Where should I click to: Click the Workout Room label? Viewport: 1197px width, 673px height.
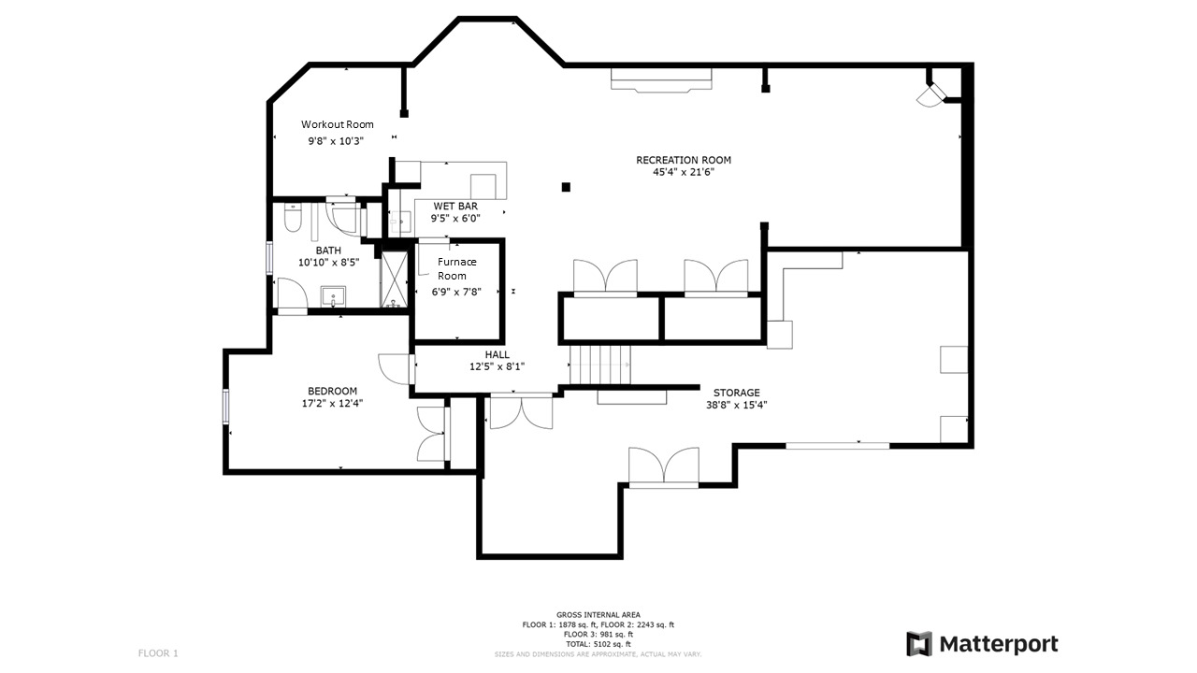pyautogui.click(x=338, y=124)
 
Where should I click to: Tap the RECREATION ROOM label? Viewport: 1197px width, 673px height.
pyautogui.click(x=684, y=160)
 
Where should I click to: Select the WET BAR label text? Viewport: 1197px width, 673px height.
pyautogui.click(x=455, y=206)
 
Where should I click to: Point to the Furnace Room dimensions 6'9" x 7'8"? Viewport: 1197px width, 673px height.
pyautogui.click(x=456, y=292)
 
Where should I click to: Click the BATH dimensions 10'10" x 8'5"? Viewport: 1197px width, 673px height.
pyautogui.click(x=328, y=263)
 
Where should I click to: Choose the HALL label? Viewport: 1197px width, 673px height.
pyautogui.click(x=497, y=354)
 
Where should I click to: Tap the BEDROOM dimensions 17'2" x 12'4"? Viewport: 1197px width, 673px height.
pyautogui.click(x=332, y=403)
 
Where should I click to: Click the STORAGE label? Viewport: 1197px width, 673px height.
pyautogui.click(x=736, y=393)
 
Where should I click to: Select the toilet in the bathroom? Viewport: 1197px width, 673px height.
pyautogui.click(x=293, y=218)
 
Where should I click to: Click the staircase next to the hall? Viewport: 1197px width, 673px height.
pyautogui.click(x=600, y=365)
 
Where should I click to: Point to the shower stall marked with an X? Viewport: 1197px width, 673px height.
pyautogui.click(x=394, y=279)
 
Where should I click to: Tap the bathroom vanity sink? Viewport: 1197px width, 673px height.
pyautogui.click(x=333, y=296)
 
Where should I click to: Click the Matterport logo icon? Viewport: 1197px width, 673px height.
pyautogui.click(x=919, y=644)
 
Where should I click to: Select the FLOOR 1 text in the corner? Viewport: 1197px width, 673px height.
pyautogui.click(x=158, y=653)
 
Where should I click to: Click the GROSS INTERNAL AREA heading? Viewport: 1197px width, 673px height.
pyautogui.click(x=598, y=615)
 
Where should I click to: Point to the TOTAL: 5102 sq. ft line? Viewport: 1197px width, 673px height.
pyautogui.click(x=598, y=644)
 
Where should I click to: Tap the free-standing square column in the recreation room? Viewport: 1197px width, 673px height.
pyautogui.click(x=566, y=187)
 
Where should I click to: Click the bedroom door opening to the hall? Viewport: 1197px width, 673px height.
pyautogui.click(x=396, y=369)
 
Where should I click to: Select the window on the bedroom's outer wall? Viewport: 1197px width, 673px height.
pyautogui.click(x=226, y=407)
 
